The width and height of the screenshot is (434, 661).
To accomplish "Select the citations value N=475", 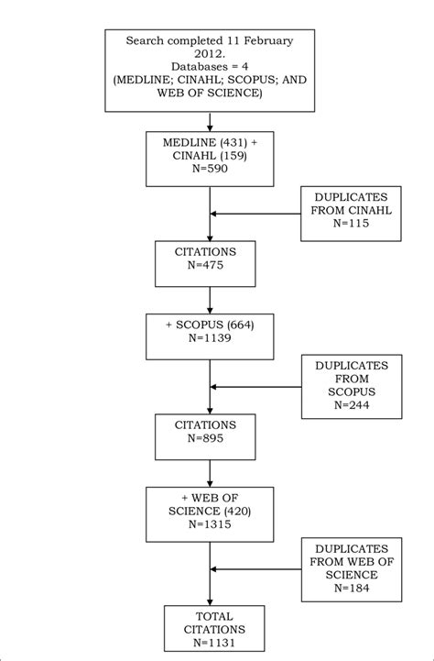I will [211, 266].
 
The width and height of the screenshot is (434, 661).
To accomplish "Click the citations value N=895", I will [211, 437].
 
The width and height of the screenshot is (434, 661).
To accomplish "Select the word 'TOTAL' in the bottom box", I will [211, 613].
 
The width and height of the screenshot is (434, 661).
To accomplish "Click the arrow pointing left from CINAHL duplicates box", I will [256, 215].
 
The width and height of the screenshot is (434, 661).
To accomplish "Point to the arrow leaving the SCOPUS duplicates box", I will [256, 386].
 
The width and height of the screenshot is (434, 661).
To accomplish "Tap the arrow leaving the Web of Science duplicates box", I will [256, 570].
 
